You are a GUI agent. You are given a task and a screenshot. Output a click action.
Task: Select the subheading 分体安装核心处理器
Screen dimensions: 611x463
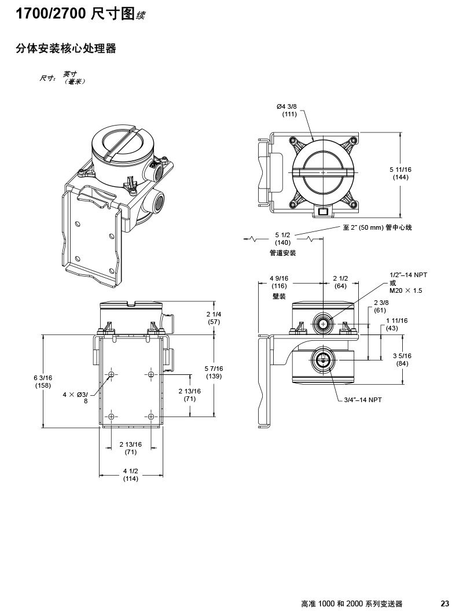(x=66, y=49)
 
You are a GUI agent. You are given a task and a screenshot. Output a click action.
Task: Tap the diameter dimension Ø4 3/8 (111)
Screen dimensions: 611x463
(x=289, y=110)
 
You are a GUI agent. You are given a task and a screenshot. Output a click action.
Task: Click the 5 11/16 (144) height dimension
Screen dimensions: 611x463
(x=400, y=173)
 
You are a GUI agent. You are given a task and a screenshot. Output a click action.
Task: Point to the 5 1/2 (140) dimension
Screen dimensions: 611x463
(x=282, y=239)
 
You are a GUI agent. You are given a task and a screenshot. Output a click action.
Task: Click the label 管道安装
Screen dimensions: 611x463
(x=282, y=253)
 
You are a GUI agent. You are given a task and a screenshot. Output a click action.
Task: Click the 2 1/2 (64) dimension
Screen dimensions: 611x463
(x=340, y=282)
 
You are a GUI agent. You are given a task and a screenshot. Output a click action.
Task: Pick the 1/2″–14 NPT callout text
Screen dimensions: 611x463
(x=408, y=275)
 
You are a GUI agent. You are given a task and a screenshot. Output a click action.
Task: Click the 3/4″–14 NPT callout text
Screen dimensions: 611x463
(x=363, y=400)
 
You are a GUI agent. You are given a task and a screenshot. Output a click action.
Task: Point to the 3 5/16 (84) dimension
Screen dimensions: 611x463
(x=402, y=359)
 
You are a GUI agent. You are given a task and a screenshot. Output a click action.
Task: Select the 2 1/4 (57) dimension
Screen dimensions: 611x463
(x=214, y=318)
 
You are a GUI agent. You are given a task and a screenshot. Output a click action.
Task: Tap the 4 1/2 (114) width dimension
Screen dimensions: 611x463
(x=131, y=474)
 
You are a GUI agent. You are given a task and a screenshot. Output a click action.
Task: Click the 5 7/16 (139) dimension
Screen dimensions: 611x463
(x=214, y=373)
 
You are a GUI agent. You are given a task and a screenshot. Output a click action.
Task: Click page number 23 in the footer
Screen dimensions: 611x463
(x=445, y=603)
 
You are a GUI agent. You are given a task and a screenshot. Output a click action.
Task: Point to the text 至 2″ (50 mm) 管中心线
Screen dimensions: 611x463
(x=377, y=227)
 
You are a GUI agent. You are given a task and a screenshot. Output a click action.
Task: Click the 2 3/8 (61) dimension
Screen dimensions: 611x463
(x=380, y=307)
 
